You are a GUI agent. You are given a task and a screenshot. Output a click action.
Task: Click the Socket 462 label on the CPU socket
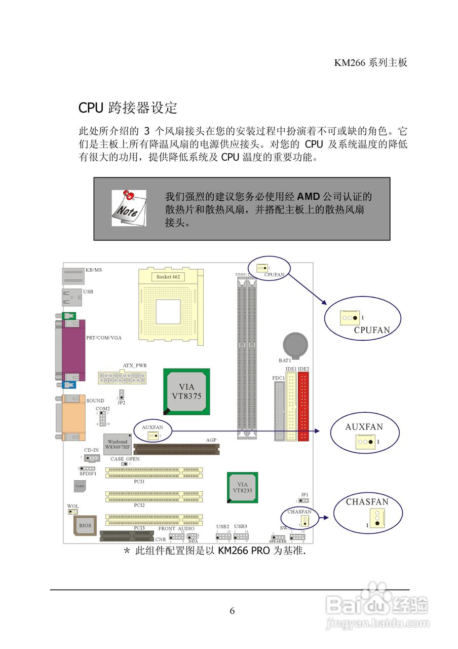[168, 277]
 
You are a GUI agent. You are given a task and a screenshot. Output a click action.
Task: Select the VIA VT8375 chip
[186, 391]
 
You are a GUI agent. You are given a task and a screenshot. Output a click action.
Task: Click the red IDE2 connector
[303, 407]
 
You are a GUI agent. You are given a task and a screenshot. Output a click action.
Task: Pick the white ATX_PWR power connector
[122, 377]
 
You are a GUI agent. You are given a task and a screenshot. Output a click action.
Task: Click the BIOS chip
[85, 526]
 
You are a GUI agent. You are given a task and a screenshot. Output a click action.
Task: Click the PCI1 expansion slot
[154, 473]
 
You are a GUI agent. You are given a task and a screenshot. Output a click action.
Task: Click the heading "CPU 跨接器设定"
[128, 108]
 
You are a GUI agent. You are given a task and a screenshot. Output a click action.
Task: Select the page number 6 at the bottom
[232, 611]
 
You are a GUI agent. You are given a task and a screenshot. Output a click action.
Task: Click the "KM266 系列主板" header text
[371, 63]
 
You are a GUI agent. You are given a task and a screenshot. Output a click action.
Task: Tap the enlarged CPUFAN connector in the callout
[350, 318]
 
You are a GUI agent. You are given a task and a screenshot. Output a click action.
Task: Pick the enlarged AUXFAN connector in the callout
[365, 442]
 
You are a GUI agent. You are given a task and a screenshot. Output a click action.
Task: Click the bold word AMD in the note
[309, 197]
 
